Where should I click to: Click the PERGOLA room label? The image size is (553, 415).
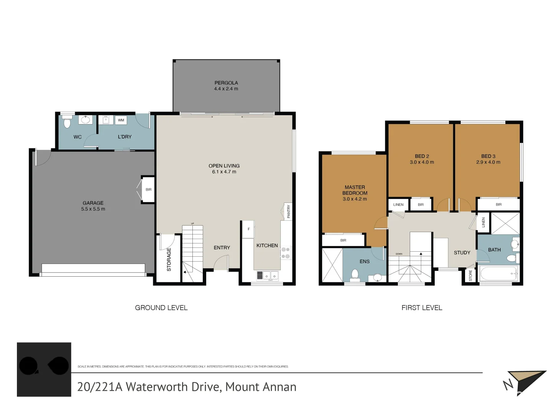226,83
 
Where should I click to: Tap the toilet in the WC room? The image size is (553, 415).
67,123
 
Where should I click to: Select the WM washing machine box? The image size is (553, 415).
121,120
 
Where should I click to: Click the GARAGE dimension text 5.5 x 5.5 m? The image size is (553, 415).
93,209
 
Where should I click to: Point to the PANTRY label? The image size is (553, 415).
289,211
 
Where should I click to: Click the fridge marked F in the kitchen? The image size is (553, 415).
248,229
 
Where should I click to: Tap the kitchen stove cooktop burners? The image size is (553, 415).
286,253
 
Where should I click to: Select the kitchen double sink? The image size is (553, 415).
268,276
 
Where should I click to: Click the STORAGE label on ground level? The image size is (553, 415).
169,259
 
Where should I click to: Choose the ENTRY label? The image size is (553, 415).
222,248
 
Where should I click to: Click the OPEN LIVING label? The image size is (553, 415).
224,166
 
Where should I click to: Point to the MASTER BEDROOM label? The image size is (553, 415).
355,190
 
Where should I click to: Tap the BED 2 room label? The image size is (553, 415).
422,156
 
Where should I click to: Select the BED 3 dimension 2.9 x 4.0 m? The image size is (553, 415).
488,162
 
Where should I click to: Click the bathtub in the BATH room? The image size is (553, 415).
498,274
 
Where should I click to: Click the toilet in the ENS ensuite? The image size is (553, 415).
355,275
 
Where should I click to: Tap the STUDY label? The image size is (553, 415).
462,253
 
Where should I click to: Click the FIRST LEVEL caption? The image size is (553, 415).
422,308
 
